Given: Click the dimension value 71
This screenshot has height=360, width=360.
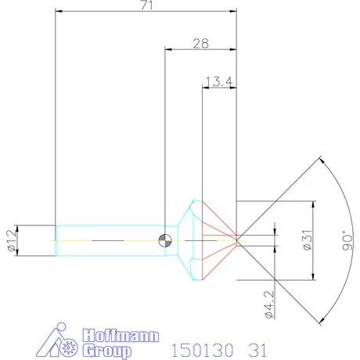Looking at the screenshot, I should pyautogui.click(x=146, y=6).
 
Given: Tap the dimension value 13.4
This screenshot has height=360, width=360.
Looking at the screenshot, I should pyautogui.click(x=218, y=81).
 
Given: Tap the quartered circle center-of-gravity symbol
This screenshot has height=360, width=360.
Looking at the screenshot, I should pyautogui.click(x=164, y=239).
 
